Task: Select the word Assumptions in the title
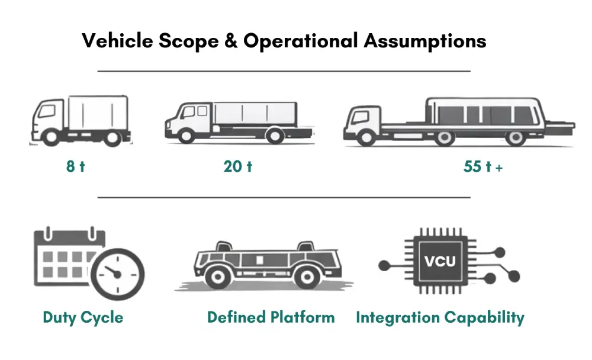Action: pyautogui.click(x=425, y=41)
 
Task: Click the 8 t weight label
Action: pyautogui.click(x=75, y=166)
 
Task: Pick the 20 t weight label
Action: pyautogui.click(x=238, y=166)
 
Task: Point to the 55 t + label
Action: pyautogui.click(x=483, y=167)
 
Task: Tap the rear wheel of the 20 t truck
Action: pyautogui.click(x=274, y=136)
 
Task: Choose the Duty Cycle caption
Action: pyautogui.click(x=83, y=317)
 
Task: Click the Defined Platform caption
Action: pyautogui.click(x=271, y=317)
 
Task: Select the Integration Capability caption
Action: pyautogui.click(x=440, y=317)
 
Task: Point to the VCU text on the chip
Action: pyautogui.click(x=440, y=261)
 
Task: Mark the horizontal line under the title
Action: pyautogui.click(x=284, y=71)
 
